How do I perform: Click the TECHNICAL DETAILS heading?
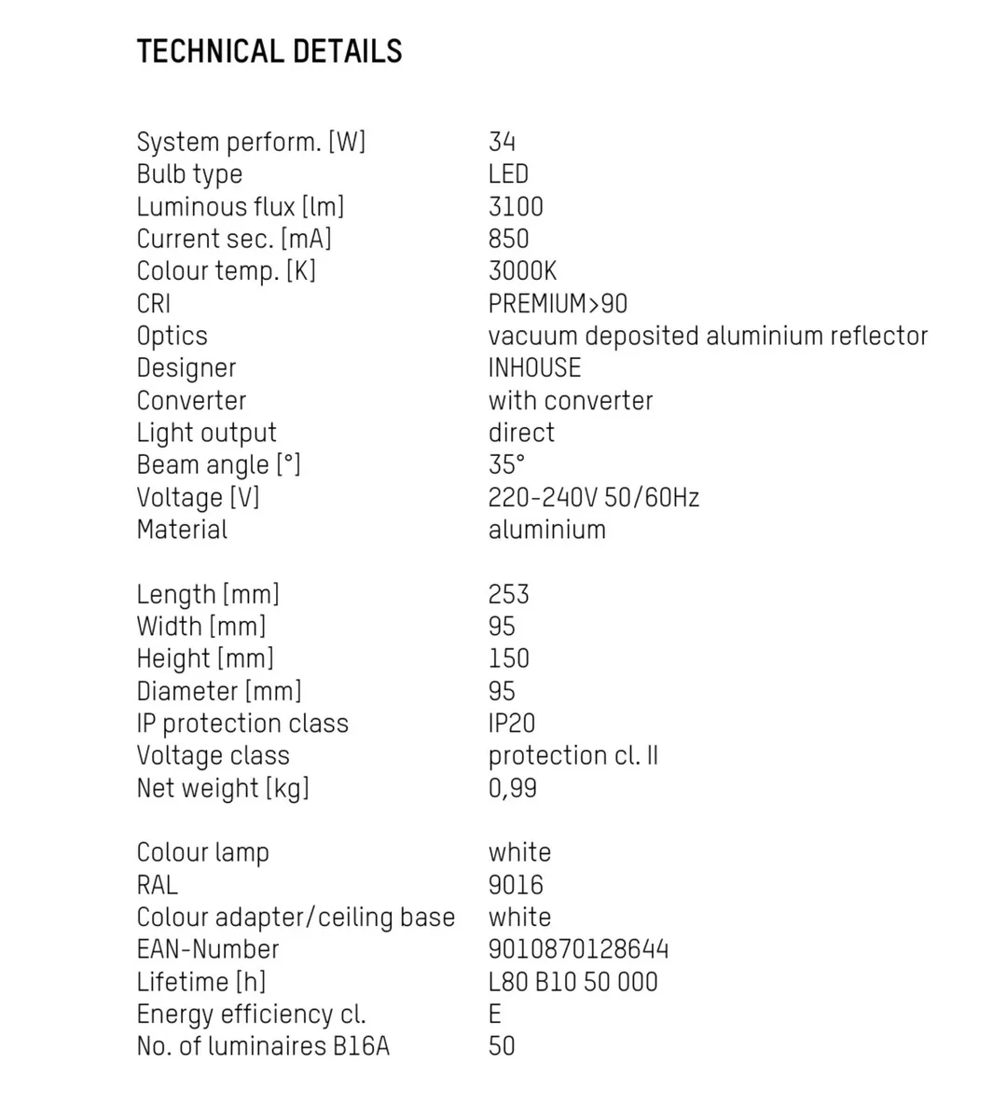point(269,51)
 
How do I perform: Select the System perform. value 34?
point(502,142)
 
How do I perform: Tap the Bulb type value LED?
point(508,174)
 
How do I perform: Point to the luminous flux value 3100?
point(516,206)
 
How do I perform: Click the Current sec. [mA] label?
point(234,239)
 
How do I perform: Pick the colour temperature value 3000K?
point(522,271)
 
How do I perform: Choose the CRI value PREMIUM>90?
point(558,304)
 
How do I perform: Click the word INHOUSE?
point(534,368)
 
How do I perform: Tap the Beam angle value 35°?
point(506,464)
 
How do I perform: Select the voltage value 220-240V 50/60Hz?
point(593,497)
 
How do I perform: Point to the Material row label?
point(182,530)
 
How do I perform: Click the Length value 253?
point(508,594)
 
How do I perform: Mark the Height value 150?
point(508,658)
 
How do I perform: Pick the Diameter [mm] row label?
point(219,691)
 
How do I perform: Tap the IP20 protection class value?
point(512,724)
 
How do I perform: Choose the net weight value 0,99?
point(512,788)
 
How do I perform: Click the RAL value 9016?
point(516,885)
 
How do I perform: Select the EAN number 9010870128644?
point(578,949)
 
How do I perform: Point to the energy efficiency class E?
point(495,1014)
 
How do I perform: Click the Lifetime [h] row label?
point(201,982)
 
